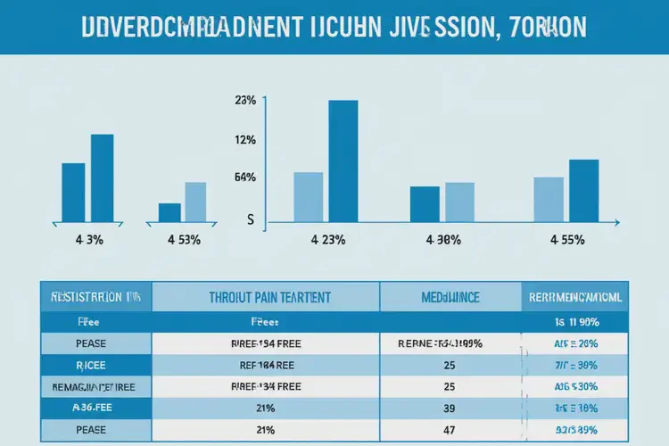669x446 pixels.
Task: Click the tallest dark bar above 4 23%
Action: pos(343,161)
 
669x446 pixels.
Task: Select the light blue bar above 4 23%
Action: pos(308,196)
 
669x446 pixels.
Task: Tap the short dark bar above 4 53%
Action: pos(169,212)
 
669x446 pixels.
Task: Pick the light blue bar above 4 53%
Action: pos(195,202)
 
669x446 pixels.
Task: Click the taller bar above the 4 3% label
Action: pos(103,177)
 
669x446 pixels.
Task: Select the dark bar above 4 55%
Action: pos(583,190)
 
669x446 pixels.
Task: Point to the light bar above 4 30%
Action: pos(459,202)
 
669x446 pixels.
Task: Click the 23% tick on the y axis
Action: pos(245,101)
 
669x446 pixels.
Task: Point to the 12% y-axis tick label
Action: pos(245,140)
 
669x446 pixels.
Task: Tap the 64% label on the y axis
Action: pos(245,178)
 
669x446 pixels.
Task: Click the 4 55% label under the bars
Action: pos(567,240)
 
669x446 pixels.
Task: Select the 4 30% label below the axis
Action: pos(442,240)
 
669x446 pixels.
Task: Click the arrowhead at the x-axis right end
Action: pos(616,221)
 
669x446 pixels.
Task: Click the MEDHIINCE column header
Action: pos(450,296)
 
